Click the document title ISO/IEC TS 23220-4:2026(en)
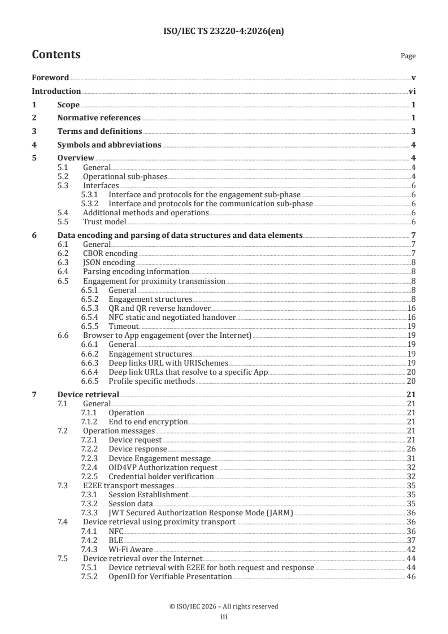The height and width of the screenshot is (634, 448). (x=224, y=32)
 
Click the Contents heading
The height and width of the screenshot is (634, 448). (x=56, y=55)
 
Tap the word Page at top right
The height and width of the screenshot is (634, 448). (x=408, y=56)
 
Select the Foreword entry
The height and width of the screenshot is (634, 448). (x=50, y=78)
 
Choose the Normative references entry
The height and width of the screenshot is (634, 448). (x=99, y=118)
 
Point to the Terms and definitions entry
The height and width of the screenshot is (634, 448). (x=99, y=131)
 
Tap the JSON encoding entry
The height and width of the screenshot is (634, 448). (x=108, y=262)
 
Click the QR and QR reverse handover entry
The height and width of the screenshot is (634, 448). (x=160, y=308)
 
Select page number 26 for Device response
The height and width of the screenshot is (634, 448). (x=412, y=449)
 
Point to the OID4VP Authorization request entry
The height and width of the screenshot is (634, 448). (x=163, y=467)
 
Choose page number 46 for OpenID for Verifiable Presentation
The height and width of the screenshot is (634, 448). (x=412, y=576)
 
